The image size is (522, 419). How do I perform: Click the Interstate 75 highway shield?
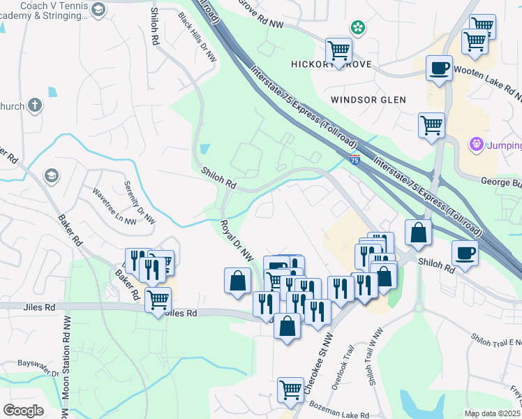click(x=355, y=159)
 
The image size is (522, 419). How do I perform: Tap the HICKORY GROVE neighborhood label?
click(x=330, y=65)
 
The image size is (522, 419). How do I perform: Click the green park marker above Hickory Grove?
click(x=358, y=28)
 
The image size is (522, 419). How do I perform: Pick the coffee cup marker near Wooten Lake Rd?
click(x=439, y=68)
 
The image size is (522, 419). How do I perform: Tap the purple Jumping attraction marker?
click(x=477, y=145)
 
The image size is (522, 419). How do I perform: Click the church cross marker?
click(x=35, y=106)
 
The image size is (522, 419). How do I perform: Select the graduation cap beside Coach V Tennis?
click(x=97, y=10)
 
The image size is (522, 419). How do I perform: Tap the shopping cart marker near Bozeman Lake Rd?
click(x=290, y=390)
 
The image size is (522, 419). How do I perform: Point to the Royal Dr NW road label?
click(x=236, y=242)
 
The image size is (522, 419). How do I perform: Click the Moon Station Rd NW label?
click(x=65, y=366)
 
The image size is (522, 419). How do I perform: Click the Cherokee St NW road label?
click(x=319, y=364)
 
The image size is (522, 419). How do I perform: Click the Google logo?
click(x=23, y=411)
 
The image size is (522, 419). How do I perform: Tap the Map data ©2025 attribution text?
click(x=493, y=413)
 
